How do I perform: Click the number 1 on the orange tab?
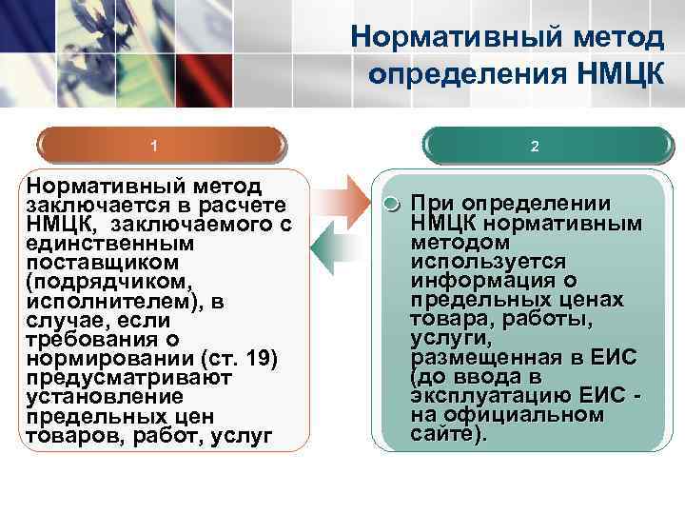click(x=154, y=147)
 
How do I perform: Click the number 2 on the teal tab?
click(x=535, y=147)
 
